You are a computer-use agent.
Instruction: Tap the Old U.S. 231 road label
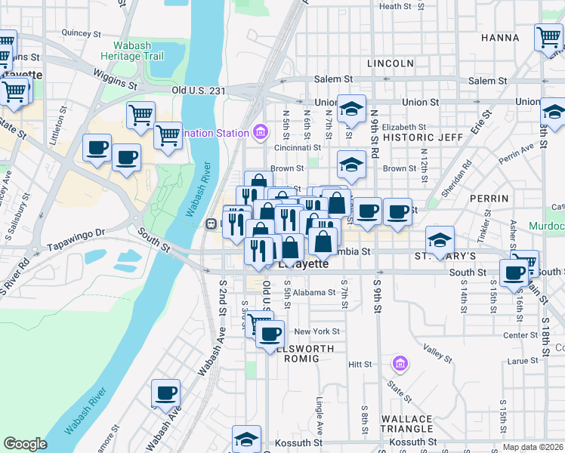coord(199,91)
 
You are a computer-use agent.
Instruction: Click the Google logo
coord(25,444)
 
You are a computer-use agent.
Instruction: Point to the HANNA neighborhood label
coord(499,38)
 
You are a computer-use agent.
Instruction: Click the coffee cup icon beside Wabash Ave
coord(166,393)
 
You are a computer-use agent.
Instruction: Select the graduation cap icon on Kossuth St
coord(246,439)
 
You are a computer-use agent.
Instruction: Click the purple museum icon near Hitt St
coord(400,364)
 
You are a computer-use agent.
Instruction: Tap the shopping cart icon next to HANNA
coord(548,36)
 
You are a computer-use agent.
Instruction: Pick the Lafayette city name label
coord(303,264)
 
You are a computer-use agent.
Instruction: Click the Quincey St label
coord(82,33)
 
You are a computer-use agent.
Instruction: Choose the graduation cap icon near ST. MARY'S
coord(440,239)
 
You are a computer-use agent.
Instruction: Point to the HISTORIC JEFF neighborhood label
coord(423,137)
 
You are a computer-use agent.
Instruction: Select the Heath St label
coord(395,7)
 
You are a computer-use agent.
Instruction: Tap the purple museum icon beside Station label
coord(261,133)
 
